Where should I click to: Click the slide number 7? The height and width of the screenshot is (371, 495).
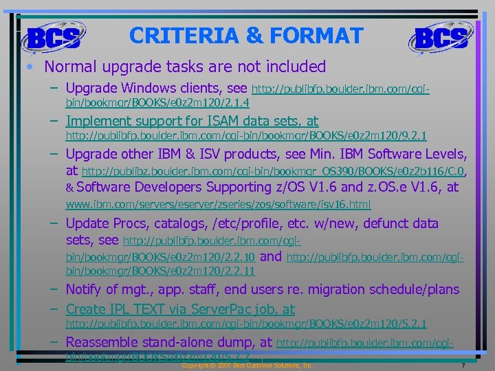pyautogui.click(x=465, y=366)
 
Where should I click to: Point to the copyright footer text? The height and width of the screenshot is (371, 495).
pyautogui.click(x=247, y=366)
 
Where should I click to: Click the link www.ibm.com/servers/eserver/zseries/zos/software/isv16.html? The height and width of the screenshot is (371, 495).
pyautogui.click(x=218, y=204)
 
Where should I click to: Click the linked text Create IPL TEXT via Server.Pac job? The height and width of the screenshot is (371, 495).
pyautogui.click(x=180, y=309)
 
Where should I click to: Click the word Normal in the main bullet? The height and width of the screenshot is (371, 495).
pyautogui.click(x=71, y=67)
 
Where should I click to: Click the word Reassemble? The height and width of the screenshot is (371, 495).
pyautogui.click(x=109, y=342)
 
